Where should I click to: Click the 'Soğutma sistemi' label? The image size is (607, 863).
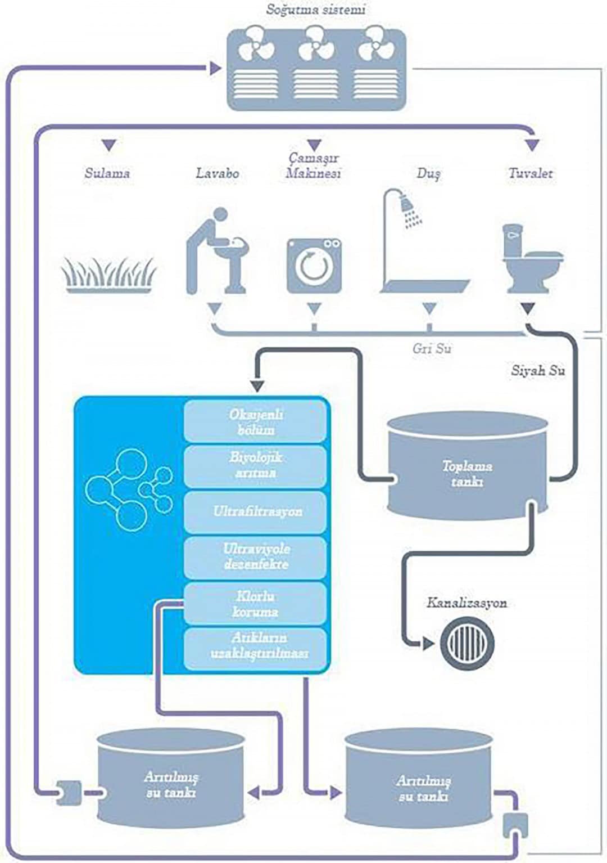click(x=315, y=10)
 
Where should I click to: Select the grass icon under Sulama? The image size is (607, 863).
click(x=108, y=275)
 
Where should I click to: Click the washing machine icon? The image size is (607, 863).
click(x=314, y=266)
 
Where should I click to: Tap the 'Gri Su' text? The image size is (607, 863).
click(x=432, y=349)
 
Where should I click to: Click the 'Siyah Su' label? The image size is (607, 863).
click(x=538, y=371)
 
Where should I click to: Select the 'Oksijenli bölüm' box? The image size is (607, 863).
click(x=255, y=422)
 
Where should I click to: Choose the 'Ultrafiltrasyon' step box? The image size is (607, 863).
click(x=255, y=512)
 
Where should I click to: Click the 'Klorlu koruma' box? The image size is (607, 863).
click(x=255, y=604)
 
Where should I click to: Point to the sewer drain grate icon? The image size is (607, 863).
click(x=468, y=642)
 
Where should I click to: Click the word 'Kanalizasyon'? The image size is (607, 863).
click(x=466, y=603)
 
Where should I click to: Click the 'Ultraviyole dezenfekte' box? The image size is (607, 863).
click(x=255, y=557)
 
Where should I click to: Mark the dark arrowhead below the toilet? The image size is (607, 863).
click(x=527, y=309)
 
